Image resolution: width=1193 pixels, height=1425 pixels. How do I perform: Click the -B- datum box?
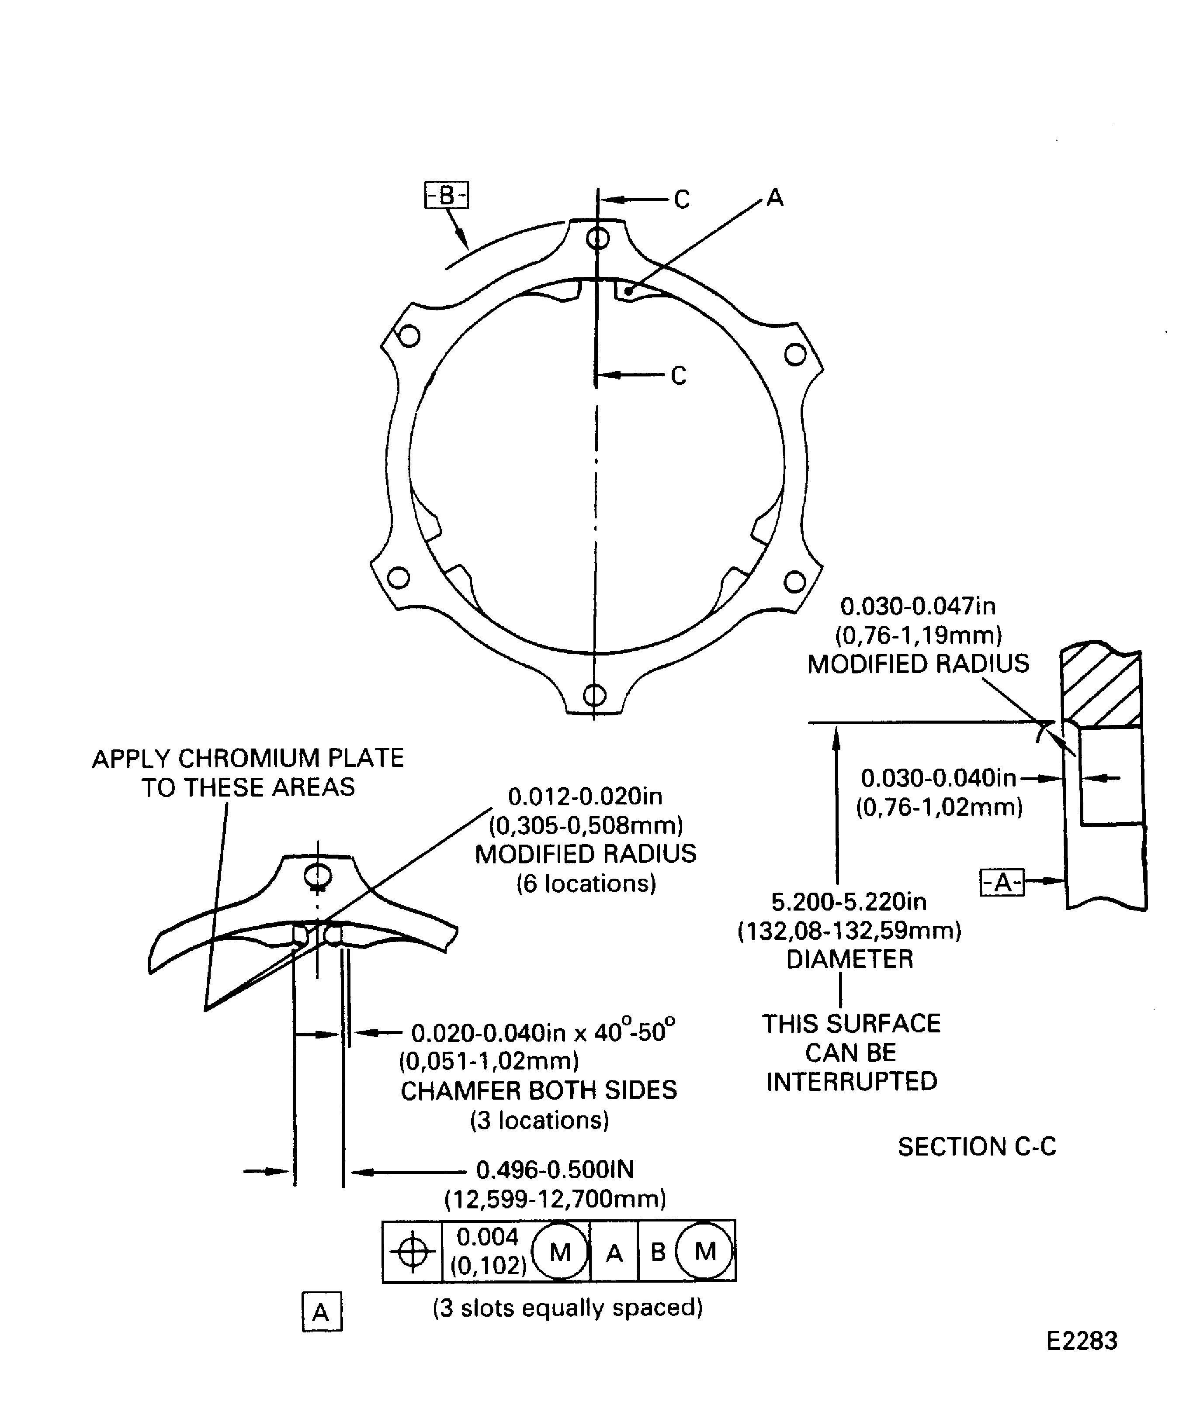(x=446, y=195)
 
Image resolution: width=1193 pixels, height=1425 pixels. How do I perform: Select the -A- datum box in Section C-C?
(x=1002, y=882)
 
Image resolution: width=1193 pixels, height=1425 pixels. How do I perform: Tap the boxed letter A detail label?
(x=322, y=1312)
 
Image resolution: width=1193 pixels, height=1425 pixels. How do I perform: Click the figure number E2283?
(x=1082, y=1340)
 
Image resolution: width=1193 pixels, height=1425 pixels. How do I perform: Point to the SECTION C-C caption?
(x=976, y=1146)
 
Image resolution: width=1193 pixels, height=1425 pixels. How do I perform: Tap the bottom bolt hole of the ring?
(x=595, y=695)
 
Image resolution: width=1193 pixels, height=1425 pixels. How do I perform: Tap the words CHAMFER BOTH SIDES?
(x=538, y=1090)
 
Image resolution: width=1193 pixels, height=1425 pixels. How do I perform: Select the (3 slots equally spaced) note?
(x=568, y=1307)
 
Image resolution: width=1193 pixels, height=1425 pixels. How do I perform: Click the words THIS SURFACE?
(x=851, y=1023)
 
